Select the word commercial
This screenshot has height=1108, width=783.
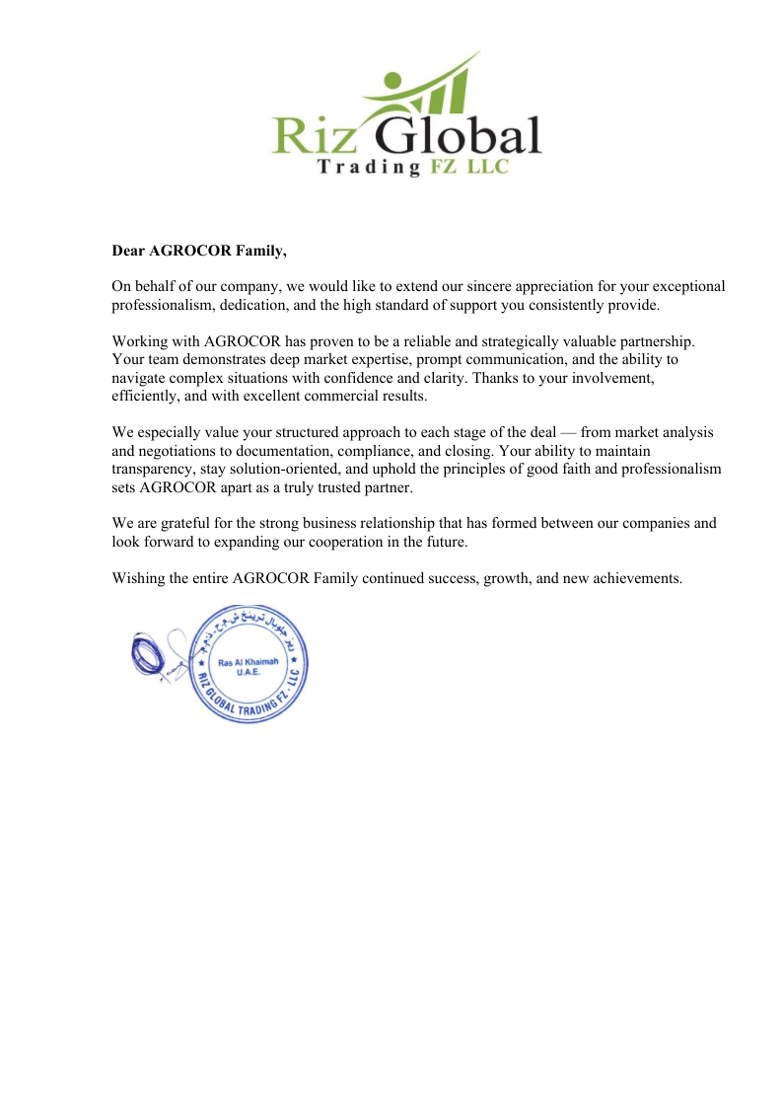click(345, 396)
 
